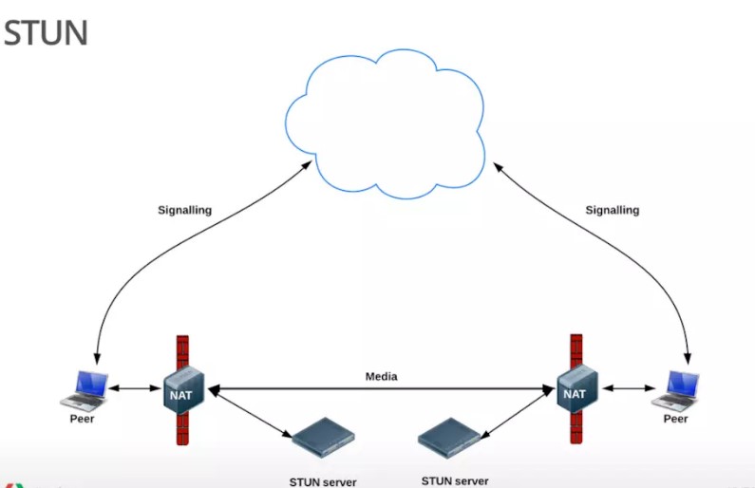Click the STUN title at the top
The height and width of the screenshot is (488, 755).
tap(46, 32)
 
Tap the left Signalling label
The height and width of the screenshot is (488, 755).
tap(185, 211)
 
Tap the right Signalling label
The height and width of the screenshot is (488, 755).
tap(613, 211)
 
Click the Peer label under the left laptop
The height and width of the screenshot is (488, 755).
tap(82, 419)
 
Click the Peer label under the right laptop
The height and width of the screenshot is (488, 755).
tap(675, 419)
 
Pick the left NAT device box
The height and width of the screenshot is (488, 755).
tap(183, 390)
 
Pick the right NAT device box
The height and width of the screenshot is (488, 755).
tap(577, 389)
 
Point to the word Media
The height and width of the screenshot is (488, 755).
tap(382, 376)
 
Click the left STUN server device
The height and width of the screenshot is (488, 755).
tap(323, 438)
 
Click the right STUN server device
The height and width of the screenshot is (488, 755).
tap(449, 438)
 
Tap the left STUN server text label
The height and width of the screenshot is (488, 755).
tap(323, 481)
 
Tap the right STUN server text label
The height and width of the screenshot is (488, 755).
tap(455, 480)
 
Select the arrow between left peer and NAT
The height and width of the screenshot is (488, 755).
tap(135, 388)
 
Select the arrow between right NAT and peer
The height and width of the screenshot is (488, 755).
tap(629, 388)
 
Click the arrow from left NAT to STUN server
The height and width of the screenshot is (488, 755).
tap(251, 413)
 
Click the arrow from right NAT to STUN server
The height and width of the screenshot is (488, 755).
tap(518, 413)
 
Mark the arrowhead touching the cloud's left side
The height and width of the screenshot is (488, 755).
tap(307, 165)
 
